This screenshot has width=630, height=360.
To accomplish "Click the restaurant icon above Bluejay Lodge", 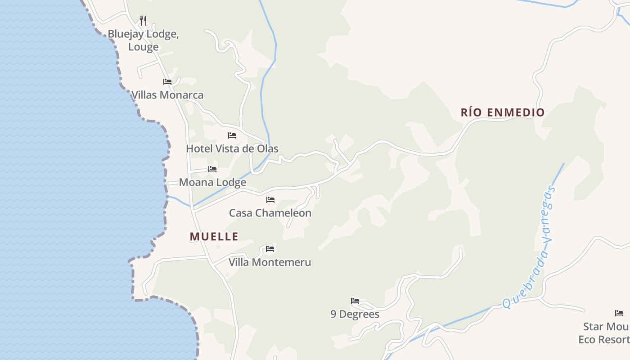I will pos(143,20).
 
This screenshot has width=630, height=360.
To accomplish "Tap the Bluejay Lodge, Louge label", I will pos(143,40).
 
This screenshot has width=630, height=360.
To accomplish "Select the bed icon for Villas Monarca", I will pos(167,81).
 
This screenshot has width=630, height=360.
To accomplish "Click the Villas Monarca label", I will pos(167,95).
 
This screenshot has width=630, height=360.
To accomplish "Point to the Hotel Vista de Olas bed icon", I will pos(232,135).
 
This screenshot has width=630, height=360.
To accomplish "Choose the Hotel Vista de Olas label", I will pos(232,148).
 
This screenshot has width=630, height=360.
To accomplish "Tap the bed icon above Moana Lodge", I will pos(212,169).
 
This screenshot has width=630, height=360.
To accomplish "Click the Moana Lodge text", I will pos(212,182).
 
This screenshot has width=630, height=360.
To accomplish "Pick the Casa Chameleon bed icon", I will pos(270,199).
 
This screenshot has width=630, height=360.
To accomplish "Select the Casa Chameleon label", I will pos(270,213).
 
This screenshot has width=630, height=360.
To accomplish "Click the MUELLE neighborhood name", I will pos(214,237).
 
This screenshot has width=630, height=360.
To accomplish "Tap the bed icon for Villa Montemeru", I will pos(270,248).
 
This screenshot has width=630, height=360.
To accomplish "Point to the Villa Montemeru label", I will pos(270,262).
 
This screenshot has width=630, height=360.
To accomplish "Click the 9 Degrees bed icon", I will pos(355,301).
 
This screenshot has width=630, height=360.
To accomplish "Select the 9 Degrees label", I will pos(355,314).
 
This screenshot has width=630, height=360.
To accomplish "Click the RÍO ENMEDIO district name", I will pos(503,112).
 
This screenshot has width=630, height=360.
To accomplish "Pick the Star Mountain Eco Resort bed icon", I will pos(619,313).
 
